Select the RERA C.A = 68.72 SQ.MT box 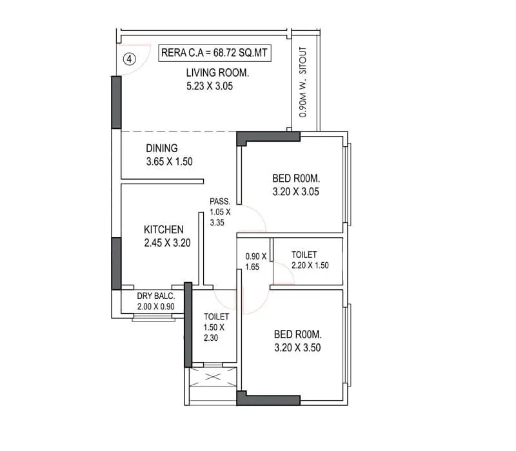coord(213,52)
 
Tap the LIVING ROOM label coord(217,73)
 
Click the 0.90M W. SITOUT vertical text coord(303,82)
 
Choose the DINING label coord(161,148)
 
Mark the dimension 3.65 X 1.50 coord(170,162)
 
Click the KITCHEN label coord(163,229)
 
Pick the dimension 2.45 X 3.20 coord(167,243)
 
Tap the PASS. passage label coord(220,202)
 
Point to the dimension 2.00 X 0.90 coord(156,307)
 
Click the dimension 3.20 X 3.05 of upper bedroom coord(297,191)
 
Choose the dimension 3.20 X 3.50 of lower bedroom coord(297,348)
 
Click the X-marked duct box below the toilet coord(213,376)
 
